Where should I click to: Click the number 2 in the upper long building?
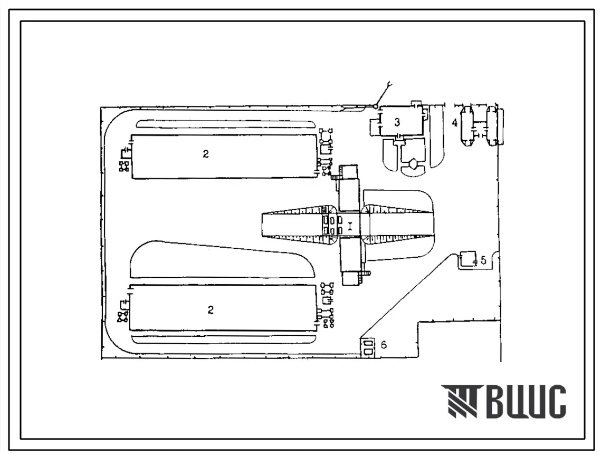(206, 154)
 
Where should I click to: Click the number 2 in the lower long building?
(211, 310)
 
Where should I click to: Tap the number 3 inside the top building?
(397, 122)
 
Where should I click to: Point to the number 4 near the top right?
(455, 123)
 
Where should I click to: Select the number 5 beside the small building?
(483, 260)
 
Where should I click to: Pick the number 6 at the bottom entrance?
(384, 345)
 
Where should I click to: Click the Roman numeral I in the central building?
(349, 226)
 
